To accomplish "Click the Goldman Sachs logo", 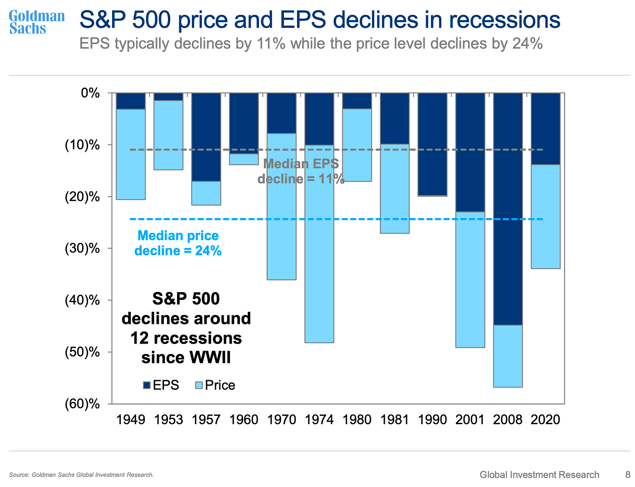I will coord(37,23).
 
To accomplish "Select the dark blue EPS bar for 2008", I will coord(508,209).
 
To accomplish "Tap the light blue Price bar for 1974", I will coord(319,244).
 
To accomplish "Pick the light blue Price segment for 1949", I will coord(131,154).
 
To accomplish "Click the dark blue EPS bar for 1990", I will coord(433,144).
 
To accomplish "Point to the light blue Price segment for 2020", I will coord(546,217).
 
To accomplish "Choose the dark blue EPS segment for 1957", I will coord(206,137).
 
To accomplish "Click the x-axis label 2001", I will coord(470,419).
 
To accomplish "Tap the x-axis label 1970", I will coord(282,419).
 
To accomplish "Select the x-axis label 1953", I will coord(168,419).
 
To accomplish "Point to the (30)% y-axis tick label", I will coord(82,249).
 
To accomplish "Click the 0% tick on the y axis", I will coord(90,93).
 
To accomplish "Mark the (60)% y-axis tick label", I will coord(82,404).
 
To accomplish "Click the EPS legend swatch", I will coord(147,385).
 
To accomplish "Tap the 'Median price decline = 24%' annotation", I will coord(178,243).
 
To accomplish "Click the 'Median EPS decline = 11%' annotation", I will coord(301,171).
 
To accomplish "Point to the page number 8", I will coord(628,474).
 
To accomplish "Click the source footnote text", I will coord(82,475).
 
